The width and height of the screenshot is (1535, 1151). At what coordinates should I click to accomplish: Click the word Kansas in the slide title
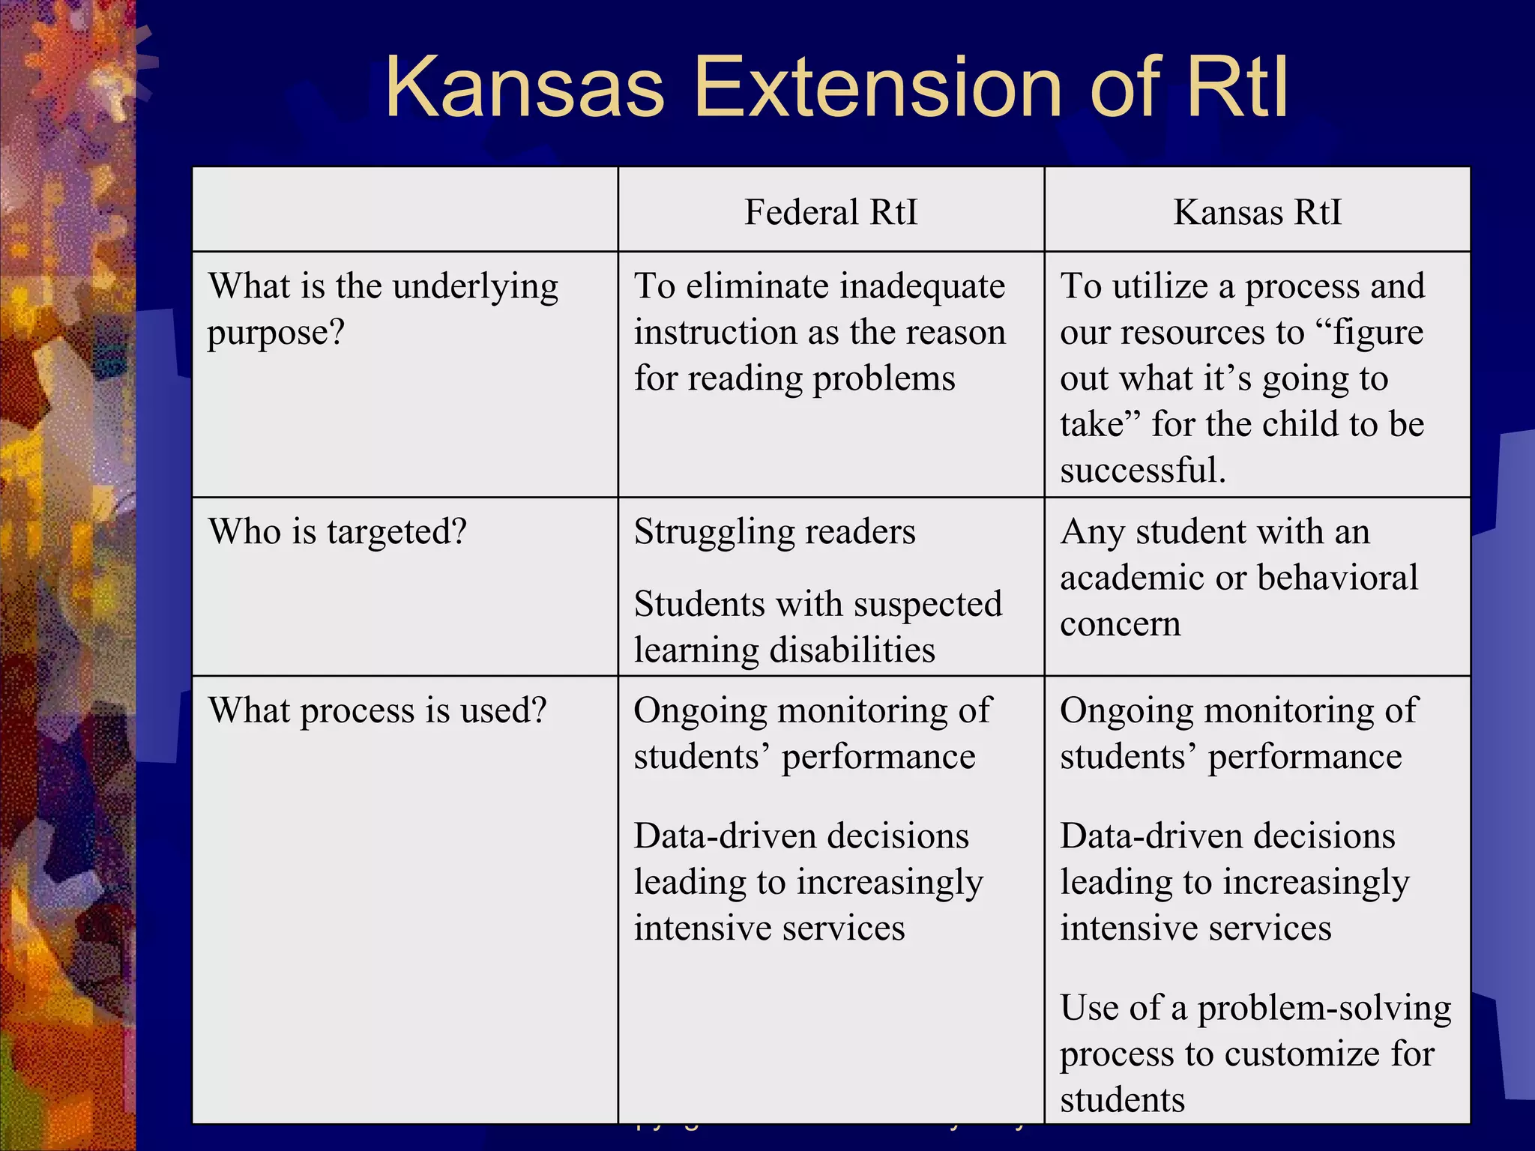coord(525,88)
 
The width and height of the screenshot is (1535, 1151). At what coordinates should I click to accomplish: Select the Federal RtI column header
coord(830,212)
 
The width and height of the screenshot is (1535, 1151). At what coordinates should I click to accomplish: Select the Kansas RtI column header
coord(1257,212)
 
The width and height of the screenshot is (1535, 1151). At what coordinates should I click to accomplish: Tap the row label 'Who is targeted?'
coord(337,532)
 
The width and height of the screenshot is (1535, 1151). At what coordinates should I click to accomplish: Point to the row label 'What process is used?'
coord(377,710)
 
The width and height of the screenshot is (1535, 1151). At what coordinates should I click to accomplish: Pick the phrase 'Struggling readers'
coord(774,532)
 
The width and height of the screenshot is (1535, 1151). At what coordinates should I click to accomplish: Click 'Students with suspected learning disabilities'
coord(817,626)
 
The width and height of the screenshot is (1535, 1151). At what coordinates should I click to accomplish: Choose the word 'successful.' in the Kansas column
coord(1142,471)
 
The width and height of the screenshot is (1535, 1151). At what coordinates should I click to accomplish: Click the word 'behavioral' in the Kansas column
coord(1337,578)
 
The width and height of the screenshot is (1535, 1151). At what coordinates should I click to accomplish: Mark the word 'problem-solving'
coord(1324,1009)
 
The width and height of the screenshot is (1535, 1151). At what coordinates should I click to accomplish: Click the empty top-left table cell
coord(405,209)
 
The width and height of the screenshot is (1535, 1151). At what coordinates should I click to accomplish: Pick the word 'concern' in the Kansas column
coord(1120,624)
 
